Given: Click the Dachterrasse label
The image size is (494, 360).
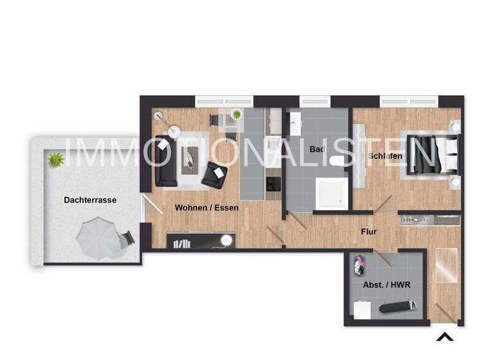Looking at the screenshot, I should click(90, 200).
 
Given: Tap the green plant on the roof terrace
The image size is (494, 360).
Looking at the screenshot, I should click(57, 158).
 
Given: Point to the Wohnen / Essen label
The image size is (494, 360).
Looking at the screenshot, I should click(206, 208).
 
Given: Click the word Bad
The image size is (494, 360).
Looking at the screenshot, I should click(316, 149).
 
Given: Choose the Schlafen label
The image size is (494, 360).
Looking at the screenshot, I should click(385, 156).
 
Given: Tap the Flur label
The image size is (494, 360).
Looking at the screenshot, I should click(369, 231).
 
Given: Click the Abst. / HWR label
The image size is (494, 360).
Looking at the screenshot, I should click(387, 285).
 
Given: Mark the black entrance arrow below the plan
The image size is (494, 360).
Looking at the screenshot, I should click(444, 336).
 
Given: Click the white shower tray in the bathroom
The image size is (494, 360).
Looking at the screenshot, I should click(331, 193).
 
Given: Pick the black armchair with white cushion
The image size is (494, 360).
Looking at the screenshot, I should click(214, 174).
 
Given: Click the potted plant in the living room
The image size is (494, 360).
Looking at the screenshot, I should click(237, 115).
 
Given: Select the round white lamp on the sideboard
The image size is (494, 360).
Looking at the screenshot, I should click(226, 240).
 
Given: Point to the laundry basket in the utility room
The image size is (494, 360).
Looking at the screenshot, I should click(359, 264).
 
